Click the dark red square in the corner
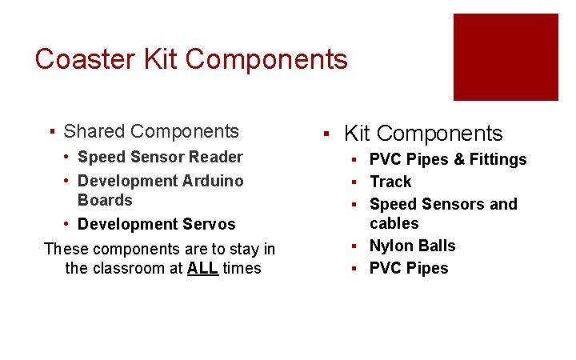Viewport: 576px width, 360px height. (506, 57)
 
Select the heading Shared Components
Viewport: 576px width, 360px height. (150, 131)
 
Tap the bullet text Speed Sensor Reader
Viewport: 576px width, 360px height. (160, 157)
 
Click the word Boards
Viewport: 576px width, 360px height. (105, 200)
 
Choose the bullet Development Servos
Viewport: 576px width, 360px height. (156, 224)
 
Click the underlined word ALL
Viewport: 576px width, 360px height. (202, 268)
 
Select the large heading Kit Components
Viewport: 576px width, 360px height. (423, 134)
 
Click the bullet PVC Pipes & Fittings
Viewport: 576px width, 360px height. (448, 159)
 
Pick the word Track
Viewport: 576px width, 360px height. (390, 182)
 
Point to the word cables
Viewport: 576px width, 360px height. (394, 223)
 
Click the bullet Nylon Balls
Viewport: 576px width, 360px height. (412, 246)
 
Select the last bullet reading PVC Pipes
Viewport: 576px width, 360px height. (409, 268)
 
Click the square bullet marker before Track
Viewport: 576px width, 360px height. (352, 182)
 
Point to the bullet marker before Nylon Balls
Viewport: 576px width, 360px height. (352, 246)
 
